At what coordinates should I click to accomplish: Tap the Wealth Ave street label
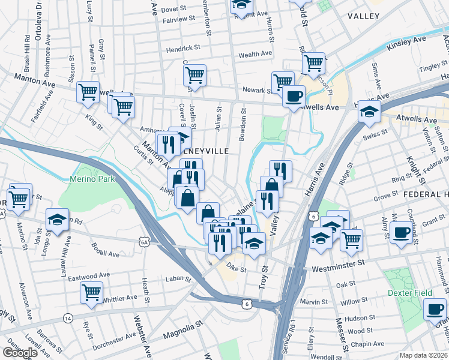pyautogui.click(x=257, y=55)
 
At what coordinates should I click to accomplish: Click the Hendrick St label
pyautogui.click(x=183, y=48)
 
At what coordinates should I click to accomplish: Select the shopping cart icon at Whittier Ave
pyautogui.click(x=91, y=292)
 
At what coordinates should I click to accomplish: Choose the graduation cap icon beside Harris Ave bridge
pyautogui.click(x=369, y=111)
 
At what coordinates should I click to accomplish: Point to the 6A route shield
pyautogui.click(x=144, y=242)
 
